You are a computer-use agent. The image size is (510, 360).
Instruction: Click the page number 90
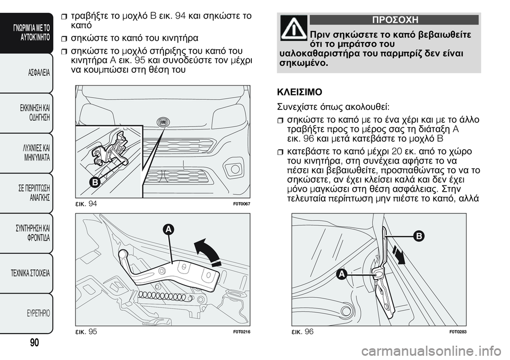point(33,342)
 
